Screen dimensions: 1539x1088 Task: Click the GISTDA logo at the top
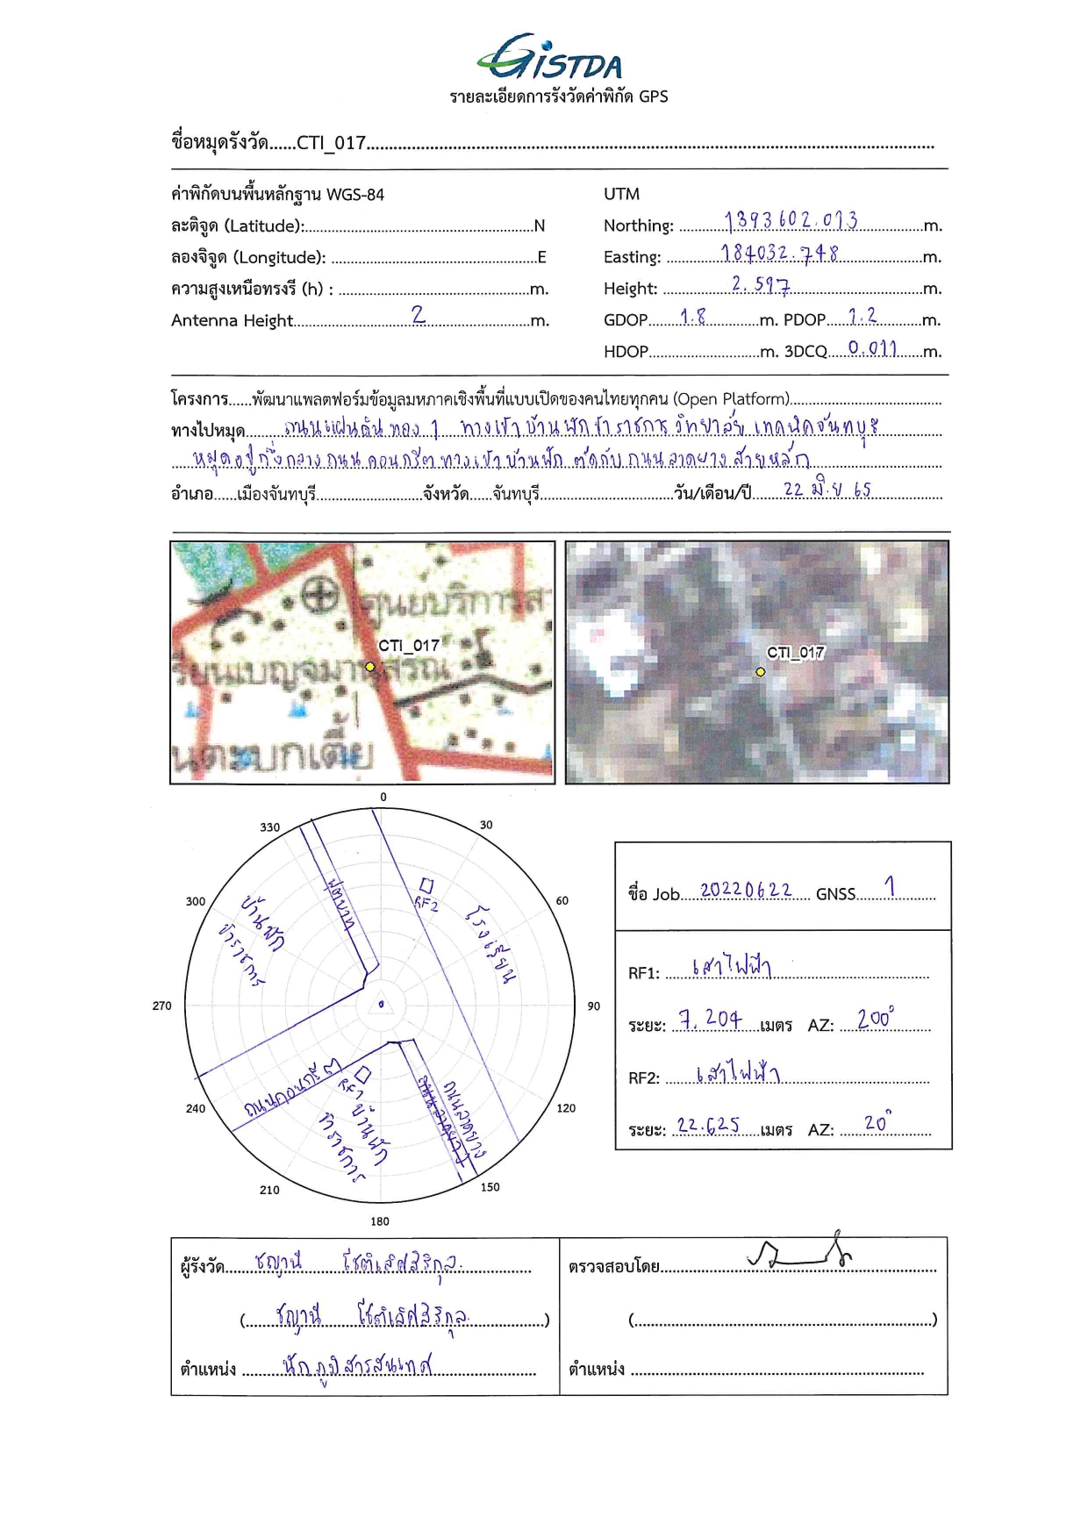550,60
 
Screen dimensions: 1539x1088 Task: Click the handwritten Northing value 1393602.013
791,219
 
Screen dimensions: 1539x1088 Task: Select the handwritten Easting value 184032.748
779,253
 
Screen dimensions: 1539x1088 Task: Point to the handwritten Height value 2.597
760,284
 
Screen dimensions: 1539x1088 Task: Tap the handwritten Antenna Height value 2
419,314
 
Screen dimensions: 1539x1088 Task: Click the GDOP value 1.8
692,317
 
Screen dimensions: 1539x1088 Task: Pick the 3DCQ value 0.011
872,348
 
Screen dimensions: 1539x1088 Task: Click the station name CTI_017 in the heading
331,143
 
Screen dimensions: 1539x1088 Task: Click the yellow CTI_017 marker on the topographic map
370,667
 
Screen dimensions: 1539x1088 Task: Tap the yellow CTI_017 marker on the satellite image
761,672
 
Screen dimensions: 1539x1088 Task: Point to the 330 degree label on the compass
269,827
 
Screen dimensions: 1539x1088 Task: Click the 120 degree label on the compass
566,1108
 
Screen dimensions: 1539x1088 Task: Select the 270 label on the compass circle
162,1006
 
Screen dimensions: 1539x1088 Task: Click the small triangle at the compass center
381,1006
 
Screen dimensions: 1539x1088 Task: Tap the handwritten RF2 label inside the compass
426,903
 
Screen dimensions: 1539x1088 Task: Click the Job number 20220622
745,891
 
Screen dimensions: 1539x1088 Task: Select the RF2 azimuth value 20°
877,1122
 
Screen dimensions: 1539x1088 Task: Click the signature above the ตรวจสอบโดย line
799,1252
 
